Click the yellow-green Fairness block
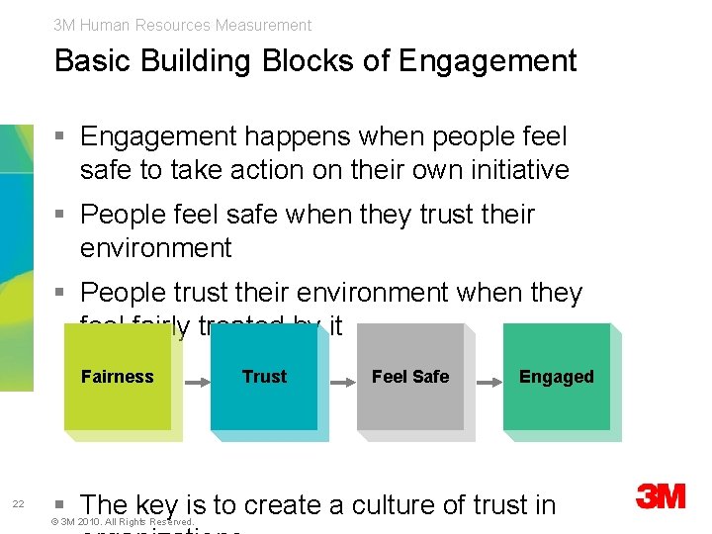click(118, 377)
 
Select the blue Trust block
click(264, 377)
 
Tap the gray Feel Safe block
click(410, 377)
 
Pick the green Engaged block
click(557, 377)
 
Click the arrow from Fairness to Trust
click(196, 378)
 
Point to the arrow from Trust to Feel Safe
click(342, 378)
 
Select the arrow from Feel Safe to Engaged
click(489, 378)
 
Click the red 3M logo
click(661, 495)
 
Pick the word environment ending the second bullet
click(155, 248)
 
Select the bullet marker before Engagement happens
click(61, 136)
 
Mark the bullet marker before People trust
click(61, 293)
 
